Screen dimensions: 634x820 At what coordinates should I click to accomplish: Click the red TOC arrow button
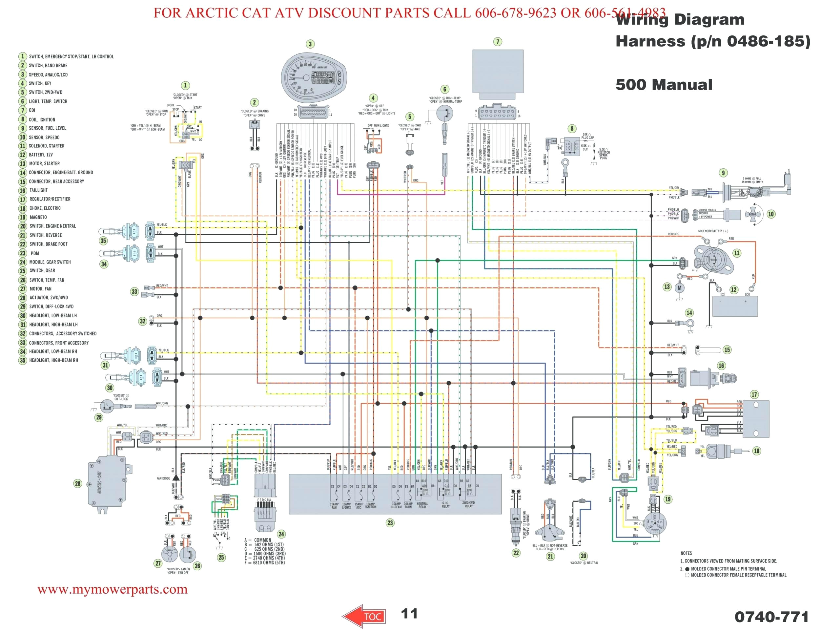[x=364, y=616]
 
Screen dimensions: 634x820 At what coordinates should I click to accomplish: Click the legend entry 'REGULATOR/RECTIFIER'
[x=50, y=199]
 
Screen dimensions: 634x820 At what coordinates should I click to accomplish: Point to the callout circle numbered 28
[x=78, y=483]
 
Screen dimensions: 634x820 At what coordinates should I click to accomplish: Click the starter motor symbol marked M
[x=679, y=288]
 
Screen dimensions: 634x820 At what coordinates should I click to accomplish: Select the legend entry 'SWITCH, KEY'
[x=40, y=83]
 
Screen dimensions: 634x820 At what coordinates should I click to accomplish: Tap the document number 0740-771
[x=771, y=617]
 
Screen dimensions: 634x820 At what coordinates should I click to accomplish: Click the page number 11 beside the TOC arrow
[x=409, y=614]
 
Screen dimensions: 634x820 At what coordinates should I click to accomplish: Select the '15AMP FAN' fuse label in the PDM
[x=334, y=506]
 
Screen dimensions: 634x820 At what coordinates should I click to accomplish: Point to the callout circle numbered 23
[x=390, y=523]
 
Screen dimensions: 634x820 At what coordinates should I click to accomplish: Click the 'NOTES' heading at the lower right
[x=686, y=553]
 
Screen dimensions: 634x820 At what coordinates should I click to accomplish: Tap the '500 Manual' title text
[x=664, y=85]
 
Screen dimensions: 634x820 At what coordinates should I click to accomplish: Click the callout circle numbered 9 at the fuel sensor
[x=723, y=173]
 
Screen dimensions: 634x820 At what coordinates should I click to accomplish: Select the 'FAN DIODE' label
[x=163, y=478]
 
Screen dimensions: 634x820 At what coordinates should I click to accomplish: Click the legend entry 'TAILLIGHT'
[x=38, y=190]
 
